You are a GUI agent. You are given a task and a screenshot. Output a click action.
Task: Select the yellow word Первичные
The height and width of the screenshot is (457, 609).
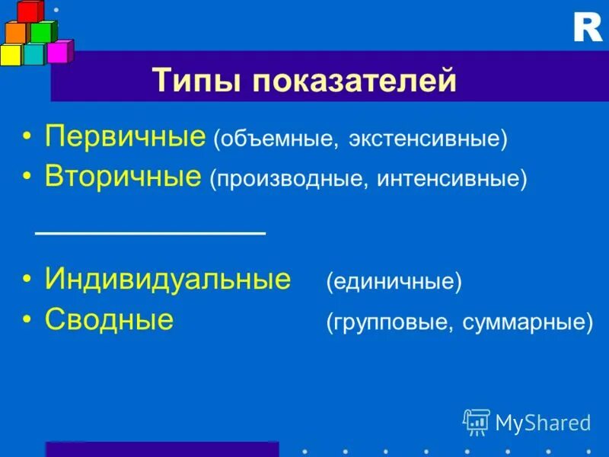coord(126,137)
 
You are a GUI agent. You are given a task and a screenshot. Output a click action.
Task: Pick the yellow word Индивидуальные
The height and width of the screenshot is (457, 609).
coord(167,280)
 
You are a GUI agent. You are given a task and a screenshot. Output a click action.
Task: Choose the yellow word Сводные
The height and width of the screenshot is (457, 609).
coord(109,319)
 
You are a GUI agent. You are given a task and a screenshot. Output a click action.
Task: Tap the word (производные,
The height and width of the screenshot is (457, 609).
coord(289,180)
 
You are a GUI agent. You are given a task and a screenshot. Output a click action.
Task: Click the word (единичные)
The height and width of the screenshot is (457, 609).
coord(394,283)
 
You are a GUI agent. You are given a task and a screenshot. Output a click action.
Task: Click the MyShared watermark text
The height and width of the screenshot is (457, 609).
coord(543,422)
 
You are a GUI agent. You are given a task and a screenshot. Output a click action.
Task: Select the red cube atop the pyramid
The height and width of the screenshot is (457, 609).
coord(30,11)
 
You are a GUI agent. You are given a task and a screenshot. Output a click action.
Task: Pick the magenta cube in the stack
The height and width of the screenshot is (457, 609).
coord(58,51)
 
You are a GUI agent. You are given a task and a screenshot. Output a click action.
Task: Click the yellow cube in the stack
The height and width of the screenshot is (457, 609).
coord(11,54)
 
